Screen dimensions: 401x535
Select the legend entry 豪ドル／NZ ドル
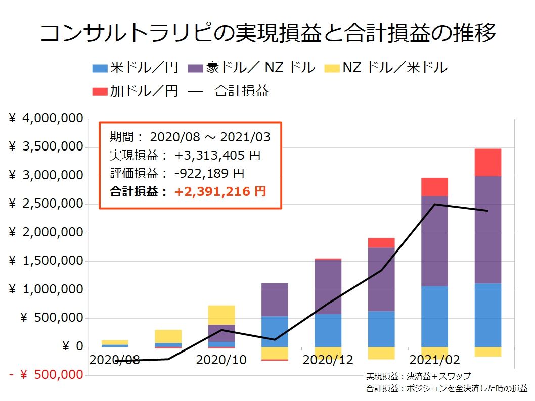[x=251, y=67]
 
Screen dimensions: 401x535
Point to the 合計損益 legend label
[x=242, y=91]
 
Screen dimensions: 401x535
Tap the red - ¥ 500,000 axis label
[x=46, y=375]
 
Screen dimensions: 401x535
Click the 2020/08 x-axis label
[x=114, y=360]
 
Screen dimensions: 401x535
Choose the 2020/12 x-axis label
[x=328, y=360]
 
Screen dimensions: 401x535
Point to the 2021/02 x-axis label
[x=434, y=360]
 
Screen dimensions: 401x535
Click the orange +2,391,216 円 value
[x=220, y=192]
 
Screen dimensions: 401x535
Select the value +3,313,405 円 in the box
[x=217, y=155]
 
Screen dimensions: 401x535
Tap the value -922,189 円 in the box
[x=209, y=173]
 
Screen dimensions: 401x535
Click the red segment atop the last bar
[x=487, y=162]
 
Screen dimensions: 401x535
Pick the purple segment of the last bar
[x=487, y=230]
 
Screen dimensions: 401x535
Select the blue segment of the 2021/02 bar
[x=434, y=316]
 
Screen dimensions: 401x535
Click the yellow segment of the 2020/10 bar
[x=221, y=315]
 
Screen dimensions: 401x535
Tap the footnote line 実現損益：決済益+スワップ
[x=418, y=376]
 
